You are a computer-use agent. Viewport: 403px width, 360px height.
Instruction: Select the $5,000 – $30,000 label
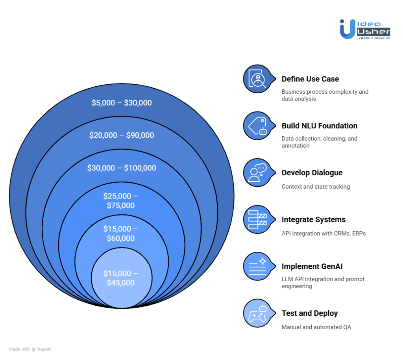point(122,103)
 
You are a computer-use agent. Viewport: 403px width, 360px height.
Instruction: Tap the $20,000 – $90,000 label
point(122,135)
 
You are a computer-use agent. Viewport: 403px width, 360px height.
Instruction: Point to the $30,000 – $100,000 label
point(122,168)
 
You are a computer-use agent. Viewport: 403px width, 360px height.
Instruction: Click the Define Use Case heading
point(310,79)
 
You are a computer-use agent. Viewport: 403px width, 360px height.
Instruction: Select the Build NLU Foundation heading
point(320,126)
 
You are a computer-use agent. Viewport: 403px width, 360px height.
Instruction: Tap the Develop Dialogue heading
point(312,173)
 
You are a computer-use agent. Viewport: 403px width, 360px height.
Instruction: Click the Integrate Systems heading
point(314,219)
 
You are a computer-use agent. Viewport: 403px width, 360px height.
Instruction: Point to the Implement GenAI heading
point(312,266)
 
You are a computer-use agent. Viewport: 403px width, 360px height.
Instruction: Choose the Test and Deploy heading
point(310,313)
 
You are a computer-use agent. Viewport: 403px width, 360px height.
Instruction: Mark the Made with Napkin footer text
point(30,349)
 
